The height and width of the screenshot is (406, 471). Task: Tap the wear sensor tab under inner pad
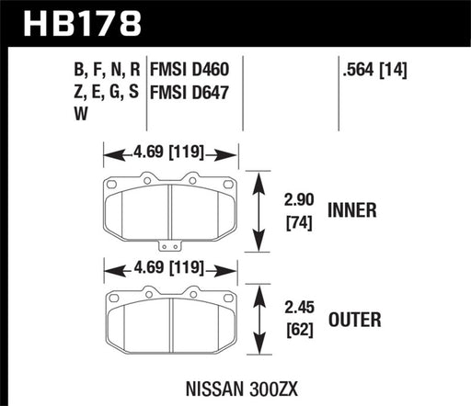[168, 244]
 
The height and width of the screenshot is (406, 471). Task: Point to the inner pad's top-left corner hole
[112, 184]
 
